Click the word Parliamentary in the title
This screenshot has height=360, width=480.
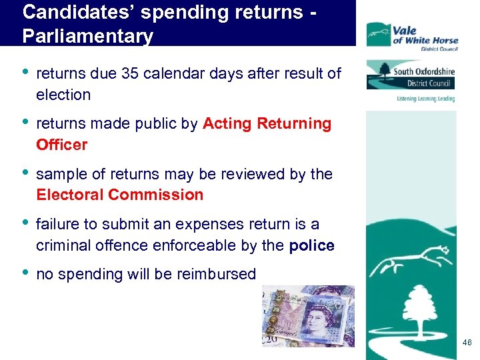(87, 35)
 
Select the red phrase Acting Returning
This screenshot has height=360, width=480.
(267, 123)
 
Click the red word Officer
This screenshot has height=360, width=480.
(61, 144)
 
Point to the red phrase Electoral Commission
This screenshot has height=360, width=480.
(119, 195)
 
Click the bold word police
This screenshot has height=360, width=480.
(311, 245)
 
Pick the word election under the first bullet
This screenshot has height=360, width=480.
(63, 95)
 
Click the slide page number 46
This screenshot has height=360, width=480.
(466, 343)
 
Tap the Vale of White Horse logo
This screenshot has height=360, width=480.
(411, 35)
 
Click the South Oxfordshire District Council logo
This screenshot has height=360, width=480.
(411, 75)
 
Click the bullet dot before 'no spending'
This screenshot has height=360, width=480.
(25, 273)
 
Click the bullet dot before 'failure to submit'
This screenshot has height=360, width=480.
(25, 223)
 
